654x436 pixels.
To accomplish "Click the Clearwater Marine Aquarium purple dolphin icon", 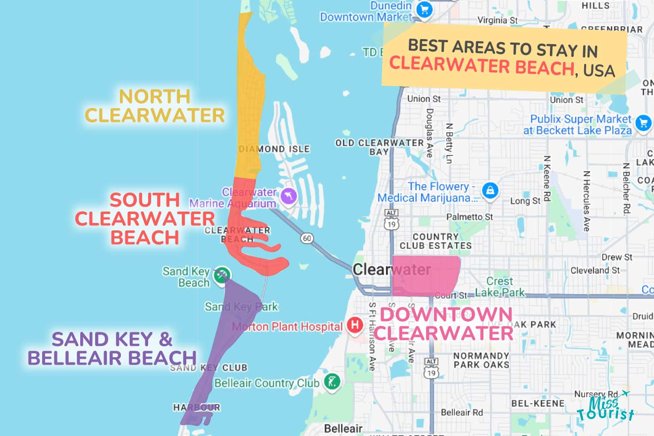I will coord(288,196).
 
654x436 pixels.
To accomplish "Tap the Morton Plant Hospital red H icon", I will coord(355,326).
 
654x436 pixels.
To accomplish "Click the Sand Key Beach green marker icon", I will coord(221,274).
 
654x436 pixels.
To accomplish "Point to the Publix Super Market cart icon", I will coord(643,122).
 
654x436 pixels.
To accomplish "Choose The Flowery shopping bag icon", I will coord(490,189).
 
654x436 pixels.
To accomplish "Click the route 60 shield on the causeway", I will coord(307,239).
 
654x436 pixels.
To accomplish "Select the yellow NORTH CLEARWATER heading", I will coord(155,106).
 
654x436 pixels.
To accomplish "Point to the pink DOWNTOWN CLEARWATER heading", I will coord(443,324).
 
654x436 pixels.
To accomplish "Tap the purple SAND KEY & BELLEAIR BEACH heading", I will coord(112,348).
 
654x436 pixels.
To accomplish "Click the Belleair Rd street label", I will coord(462,412).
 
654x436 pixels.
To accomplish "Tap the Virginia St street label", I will coord(497,20).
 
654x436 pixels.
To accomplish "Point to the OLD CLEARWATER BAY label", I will coord(380,147).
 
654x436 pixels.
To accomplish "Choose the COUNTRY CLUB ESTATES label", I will coord(436,241).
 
